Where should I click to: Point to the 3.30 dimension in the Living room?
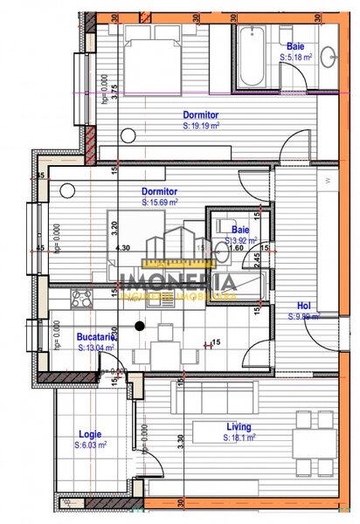click(180, 442)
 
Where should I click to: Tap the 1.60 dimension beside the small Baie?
click(237, 247)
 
